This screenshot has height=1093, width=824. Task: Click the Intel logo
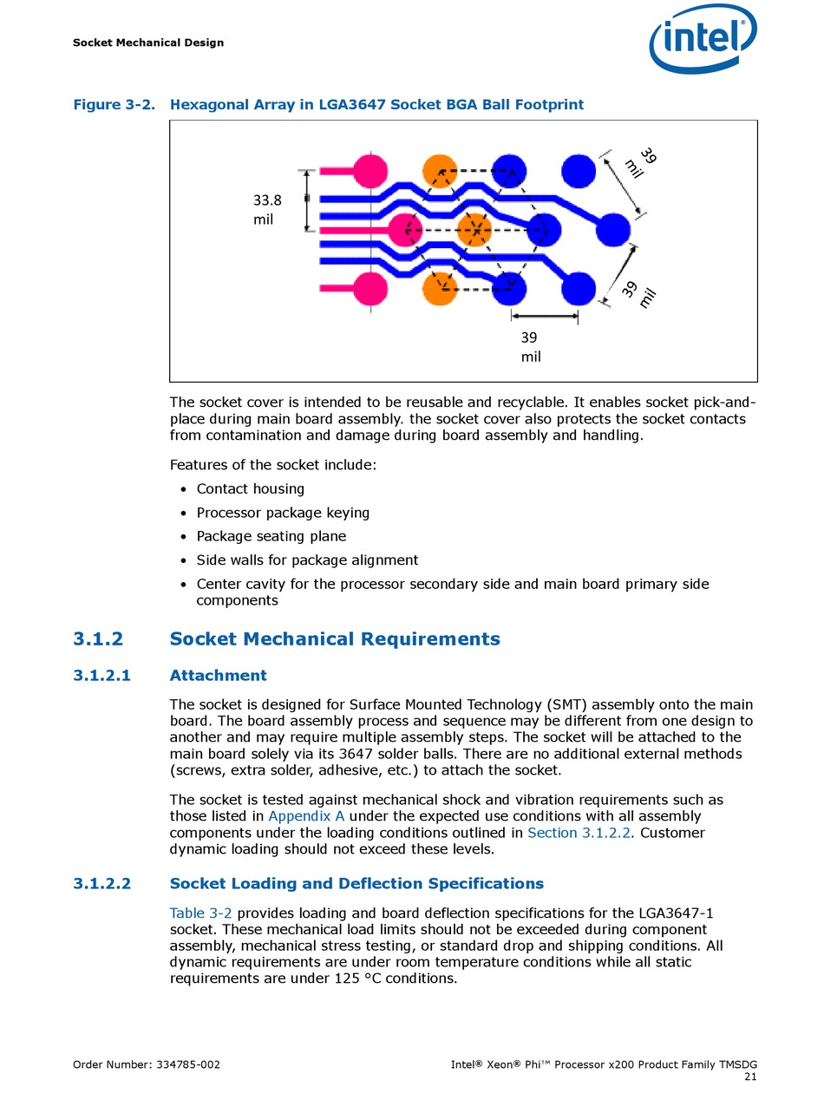(703, 38)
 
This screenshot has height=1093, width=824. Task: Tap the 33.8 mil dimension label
(267, 210)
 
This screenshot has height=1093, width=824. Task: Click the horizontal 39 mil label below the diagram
(530, 346)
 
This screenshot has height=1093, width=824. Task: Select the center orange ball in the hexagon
(474, 230)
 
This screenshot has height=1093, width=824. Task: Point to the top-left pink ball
(370, 171)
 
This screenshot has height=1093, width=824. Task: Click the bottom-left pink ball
(370, 289)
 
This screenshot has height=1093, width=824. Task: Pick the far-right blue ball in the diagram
(614, 230)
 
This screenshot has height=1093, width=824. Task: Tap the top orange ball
(440, 171)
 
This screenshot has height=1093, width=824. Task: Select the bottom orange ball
(440, 289)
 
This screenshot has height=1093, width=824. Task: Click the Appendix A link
(306, 816)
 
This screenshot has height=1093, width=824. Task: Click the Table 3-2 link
(200, 913)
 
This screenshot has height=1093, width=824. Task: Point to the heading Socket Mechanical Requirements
(335, 639)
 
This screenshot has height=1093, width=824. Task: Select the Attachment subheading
(218, 676)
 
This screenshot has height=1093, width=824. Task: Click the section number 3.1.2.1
(101, 676)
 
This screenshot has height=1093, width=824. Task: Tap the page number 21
(750, 1077)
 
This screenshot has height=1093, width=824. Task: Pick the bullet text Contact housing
(251, 489)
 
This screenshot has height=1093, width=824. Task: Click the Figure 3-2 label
(114, 105)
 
